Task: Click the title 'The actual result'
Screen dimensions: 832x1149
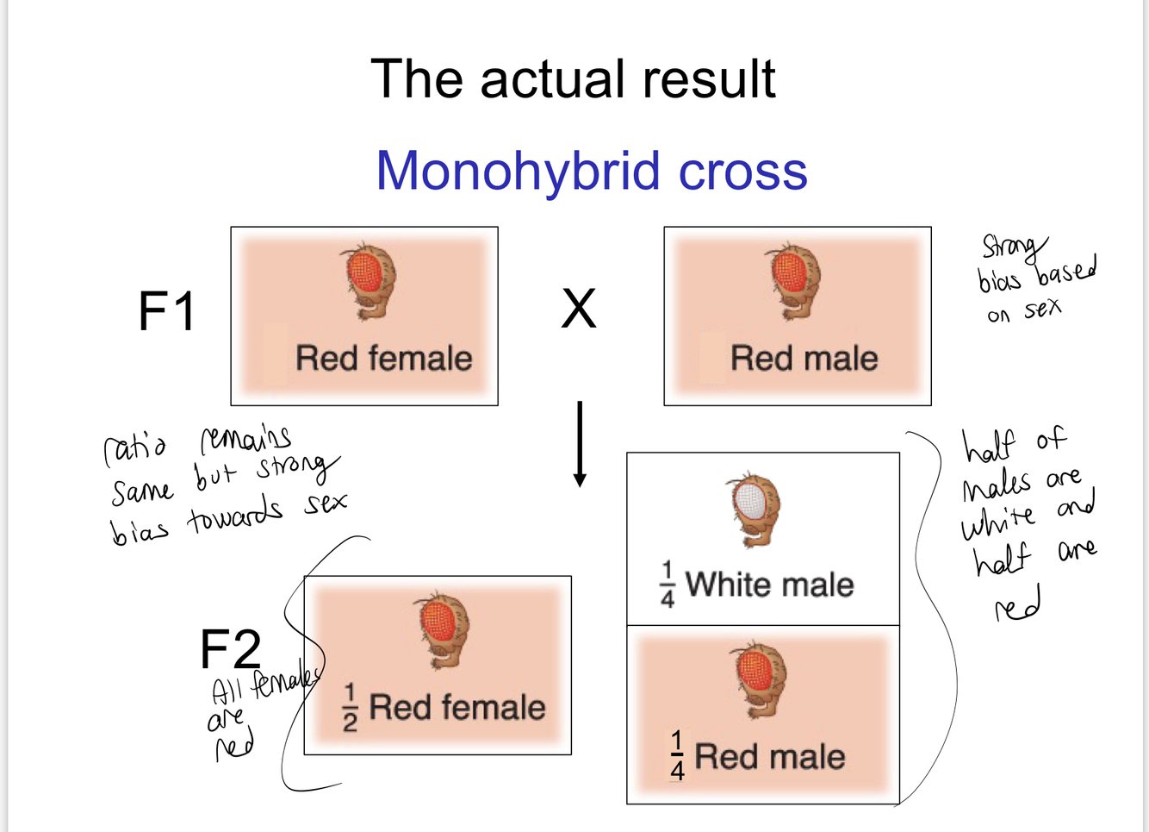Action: (573, 79)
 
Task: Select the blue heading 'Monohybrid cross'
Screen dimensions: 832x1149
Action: (592, 170)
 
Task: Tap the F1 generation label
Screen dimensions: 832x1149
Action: (167, 311)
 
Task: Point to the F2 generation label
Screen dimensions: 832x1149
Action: (230, 648)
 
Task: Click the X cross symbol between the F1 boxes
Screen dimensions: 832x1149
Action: (579, 309)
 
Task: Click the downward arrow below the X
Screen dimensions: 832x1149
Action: (580, 444)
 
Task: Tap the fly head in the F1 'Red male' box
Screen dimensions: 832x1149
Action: (794, 280)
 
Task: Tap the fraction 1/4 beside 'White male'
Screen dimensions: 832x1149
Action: (668, 585)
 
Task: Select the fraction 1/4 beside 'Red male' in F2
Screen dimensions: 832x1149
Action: (677, 756)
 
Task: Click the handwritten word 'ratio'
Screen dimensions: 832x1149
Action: (135, 448)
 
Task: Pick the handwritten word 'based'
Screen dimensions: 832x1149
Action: (1066, 271)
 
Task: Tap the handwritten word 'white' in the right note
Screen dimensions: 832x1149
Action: (998, 521)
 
